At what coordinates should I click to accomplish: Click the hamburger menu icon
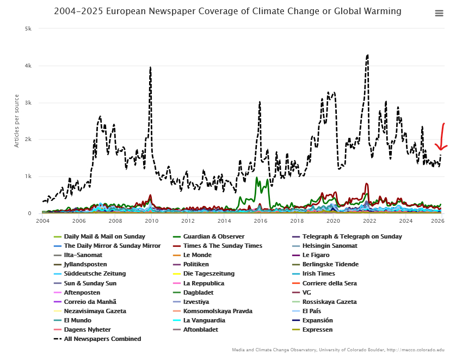pyautogui.click(x=439, y=14)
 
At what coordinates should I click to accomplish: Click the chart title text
pyautogui.click(x=227, y=11)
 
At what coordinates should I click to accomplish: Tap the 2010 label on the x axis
pyautogui.click(x=151, y=221)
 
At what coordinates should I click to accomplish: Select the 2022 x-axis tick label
pyautogui.click(x=369, y=221)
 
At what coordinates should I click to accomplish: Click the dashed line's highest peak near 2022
pyautogui.click(x=368, y=55)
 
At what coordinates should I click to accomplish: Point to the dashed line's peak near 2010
pyautogui.click(x=150, y=68)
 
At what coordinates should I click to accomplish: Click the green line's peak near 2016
pyautogui.click(x=257, y=178)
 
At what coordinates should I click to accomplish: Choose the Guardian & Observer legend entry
pyautogui.click(x=213, y=236)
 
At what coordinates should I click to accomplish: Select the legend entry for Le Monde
pyautogui.click(x=197, y=255)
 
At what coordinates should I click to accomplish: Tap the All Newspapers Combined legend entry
pyautogui.click(x=102, y=339)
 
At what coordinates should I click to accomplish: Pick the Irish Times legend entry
pyautogui.click(x=318, y=273)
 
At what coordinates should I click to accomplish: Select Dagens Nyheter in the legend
pyautogui.click(x=87, y=330)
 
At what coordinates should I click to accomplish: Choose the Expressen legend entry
pyautogui.click(x=317, y=330)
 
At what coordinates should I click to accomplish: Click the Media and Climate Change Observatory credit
pyautogui.click(x=338, y=350)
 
